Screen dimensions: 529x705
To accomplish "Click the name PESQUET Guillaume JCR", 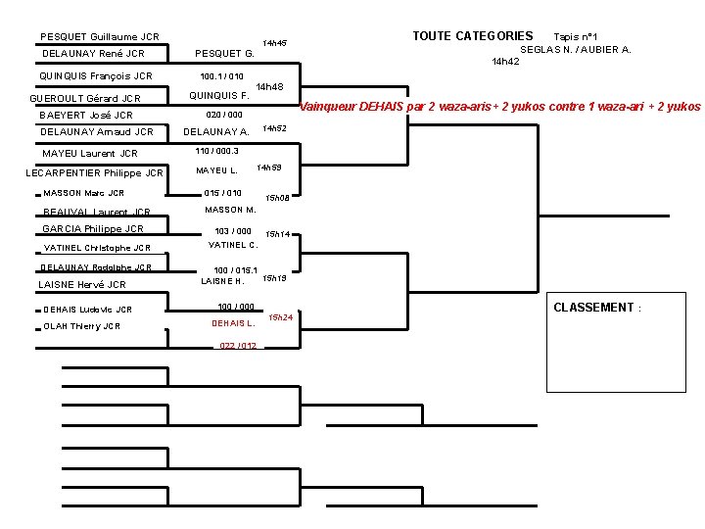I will coord(99,36).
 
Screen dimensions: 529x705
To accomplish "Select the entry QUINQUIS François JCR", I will coord(95,75).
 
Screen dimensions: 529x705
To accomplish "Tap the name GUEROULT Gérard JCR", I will coord(85,98).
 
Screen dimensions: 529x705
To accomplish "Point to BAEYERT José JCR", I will coord(85,115).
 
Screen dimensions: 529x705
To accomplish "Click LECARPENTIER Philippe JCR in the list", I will coord(94,173).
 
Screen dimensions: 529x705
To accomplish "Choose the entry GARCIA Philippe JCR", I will coord(92,228).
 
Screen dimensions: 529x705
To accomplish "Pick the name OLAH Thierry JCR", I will coord(81,326).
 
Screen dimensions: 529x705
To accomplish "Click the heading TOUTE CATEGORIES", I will coord(472,36).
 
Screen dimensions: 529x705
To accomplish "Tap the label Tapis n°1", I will coord(583,36).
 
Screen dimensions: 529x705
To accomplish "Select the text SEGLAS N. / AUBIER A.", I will coord(575,49).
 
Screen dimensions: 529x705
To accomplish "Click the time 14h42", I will coord(505,61).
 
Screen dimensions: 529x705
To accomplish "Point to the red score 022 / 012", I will coord(238,346).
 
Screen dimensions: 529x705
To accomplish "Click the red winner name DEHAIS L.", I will coord(233,323).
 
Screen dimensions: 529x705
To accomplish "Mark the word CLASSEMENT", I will coord(593,308).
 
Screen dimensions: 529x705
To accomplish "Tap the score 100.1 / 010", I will coord(221,75).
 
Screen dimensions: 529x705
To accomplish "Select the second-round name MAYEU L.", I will coord(216,171).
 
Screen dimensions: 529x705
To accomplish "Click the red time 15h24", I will coord(282,317).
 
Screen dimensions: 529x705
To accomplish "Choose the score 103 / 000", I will coord(233,231).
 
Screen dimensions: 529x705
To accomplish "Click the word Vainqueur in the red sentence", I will coord(328,106).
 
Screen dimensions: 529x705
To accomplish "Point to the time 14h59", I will coord(269,168).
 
